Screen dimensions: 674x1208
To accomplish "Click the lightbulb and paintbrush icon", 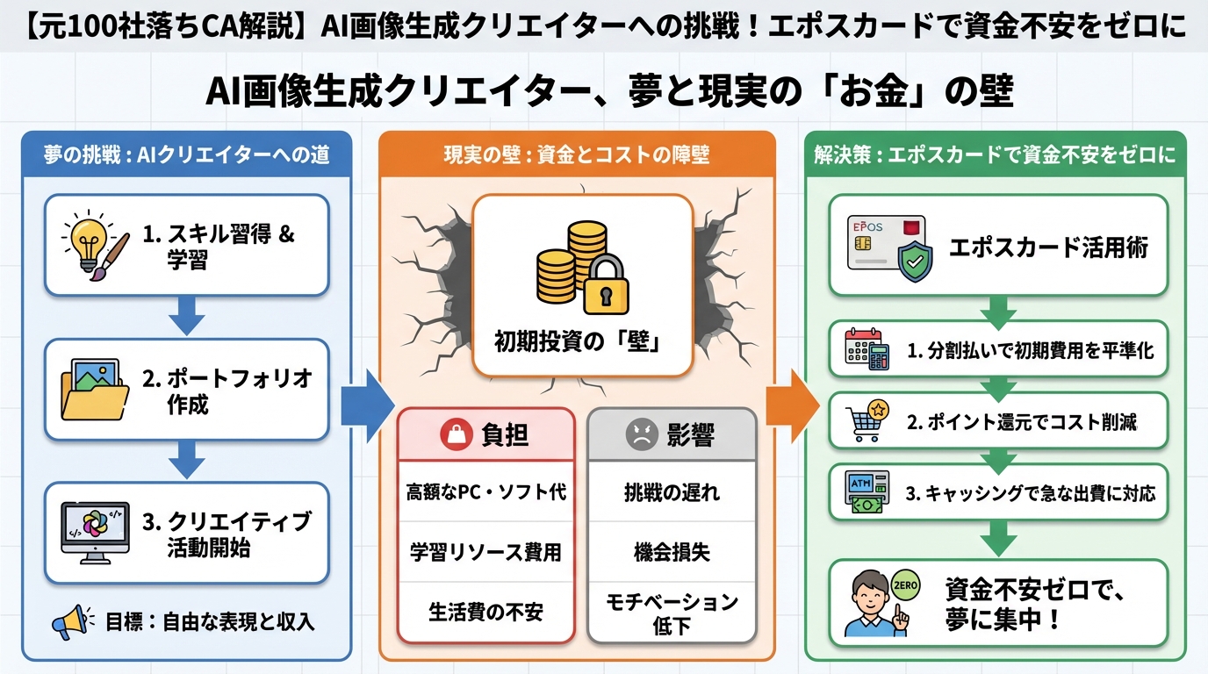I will pyautogui.click(x=95, y=243).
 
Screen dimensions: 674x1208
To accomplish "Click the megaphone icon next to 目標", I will pyautogui.click(x=73, y=622).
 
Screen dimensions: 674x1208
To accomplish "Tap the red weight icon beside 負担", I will pyautogui.click(x=457, y=434).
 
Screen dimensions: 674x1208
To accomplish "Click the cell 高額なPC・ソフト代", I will pyautogui.click(x=485, y=492).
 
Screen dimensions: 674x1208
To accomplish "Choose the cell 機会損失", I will pyautogui.click(x=672, y=552).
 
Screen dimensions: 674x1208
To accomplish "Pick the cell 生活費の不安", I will pyautogui.click(x=485, y=612).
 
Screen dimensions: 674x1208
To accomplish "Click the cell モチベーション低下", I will pyautogui.click(x=672, y=613).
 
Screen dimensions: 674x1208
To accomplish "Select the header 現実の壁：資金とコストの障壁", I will pyautogui.click(x=577, y=154).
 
